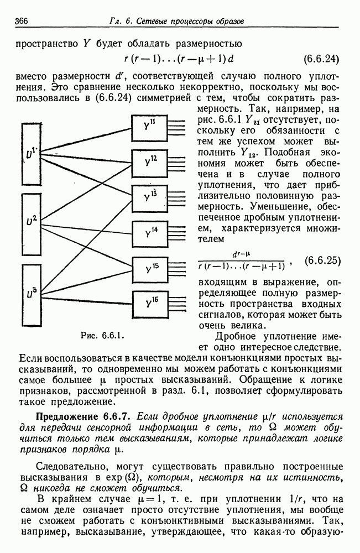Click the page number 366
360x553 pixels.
pyautogui.click(x=22, y=21)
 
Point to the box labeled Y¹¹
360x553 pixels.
pyautogui.click(x=149, y=128)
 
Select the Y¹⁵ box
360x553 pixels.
pyautogui.click(x=149, y=269)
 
